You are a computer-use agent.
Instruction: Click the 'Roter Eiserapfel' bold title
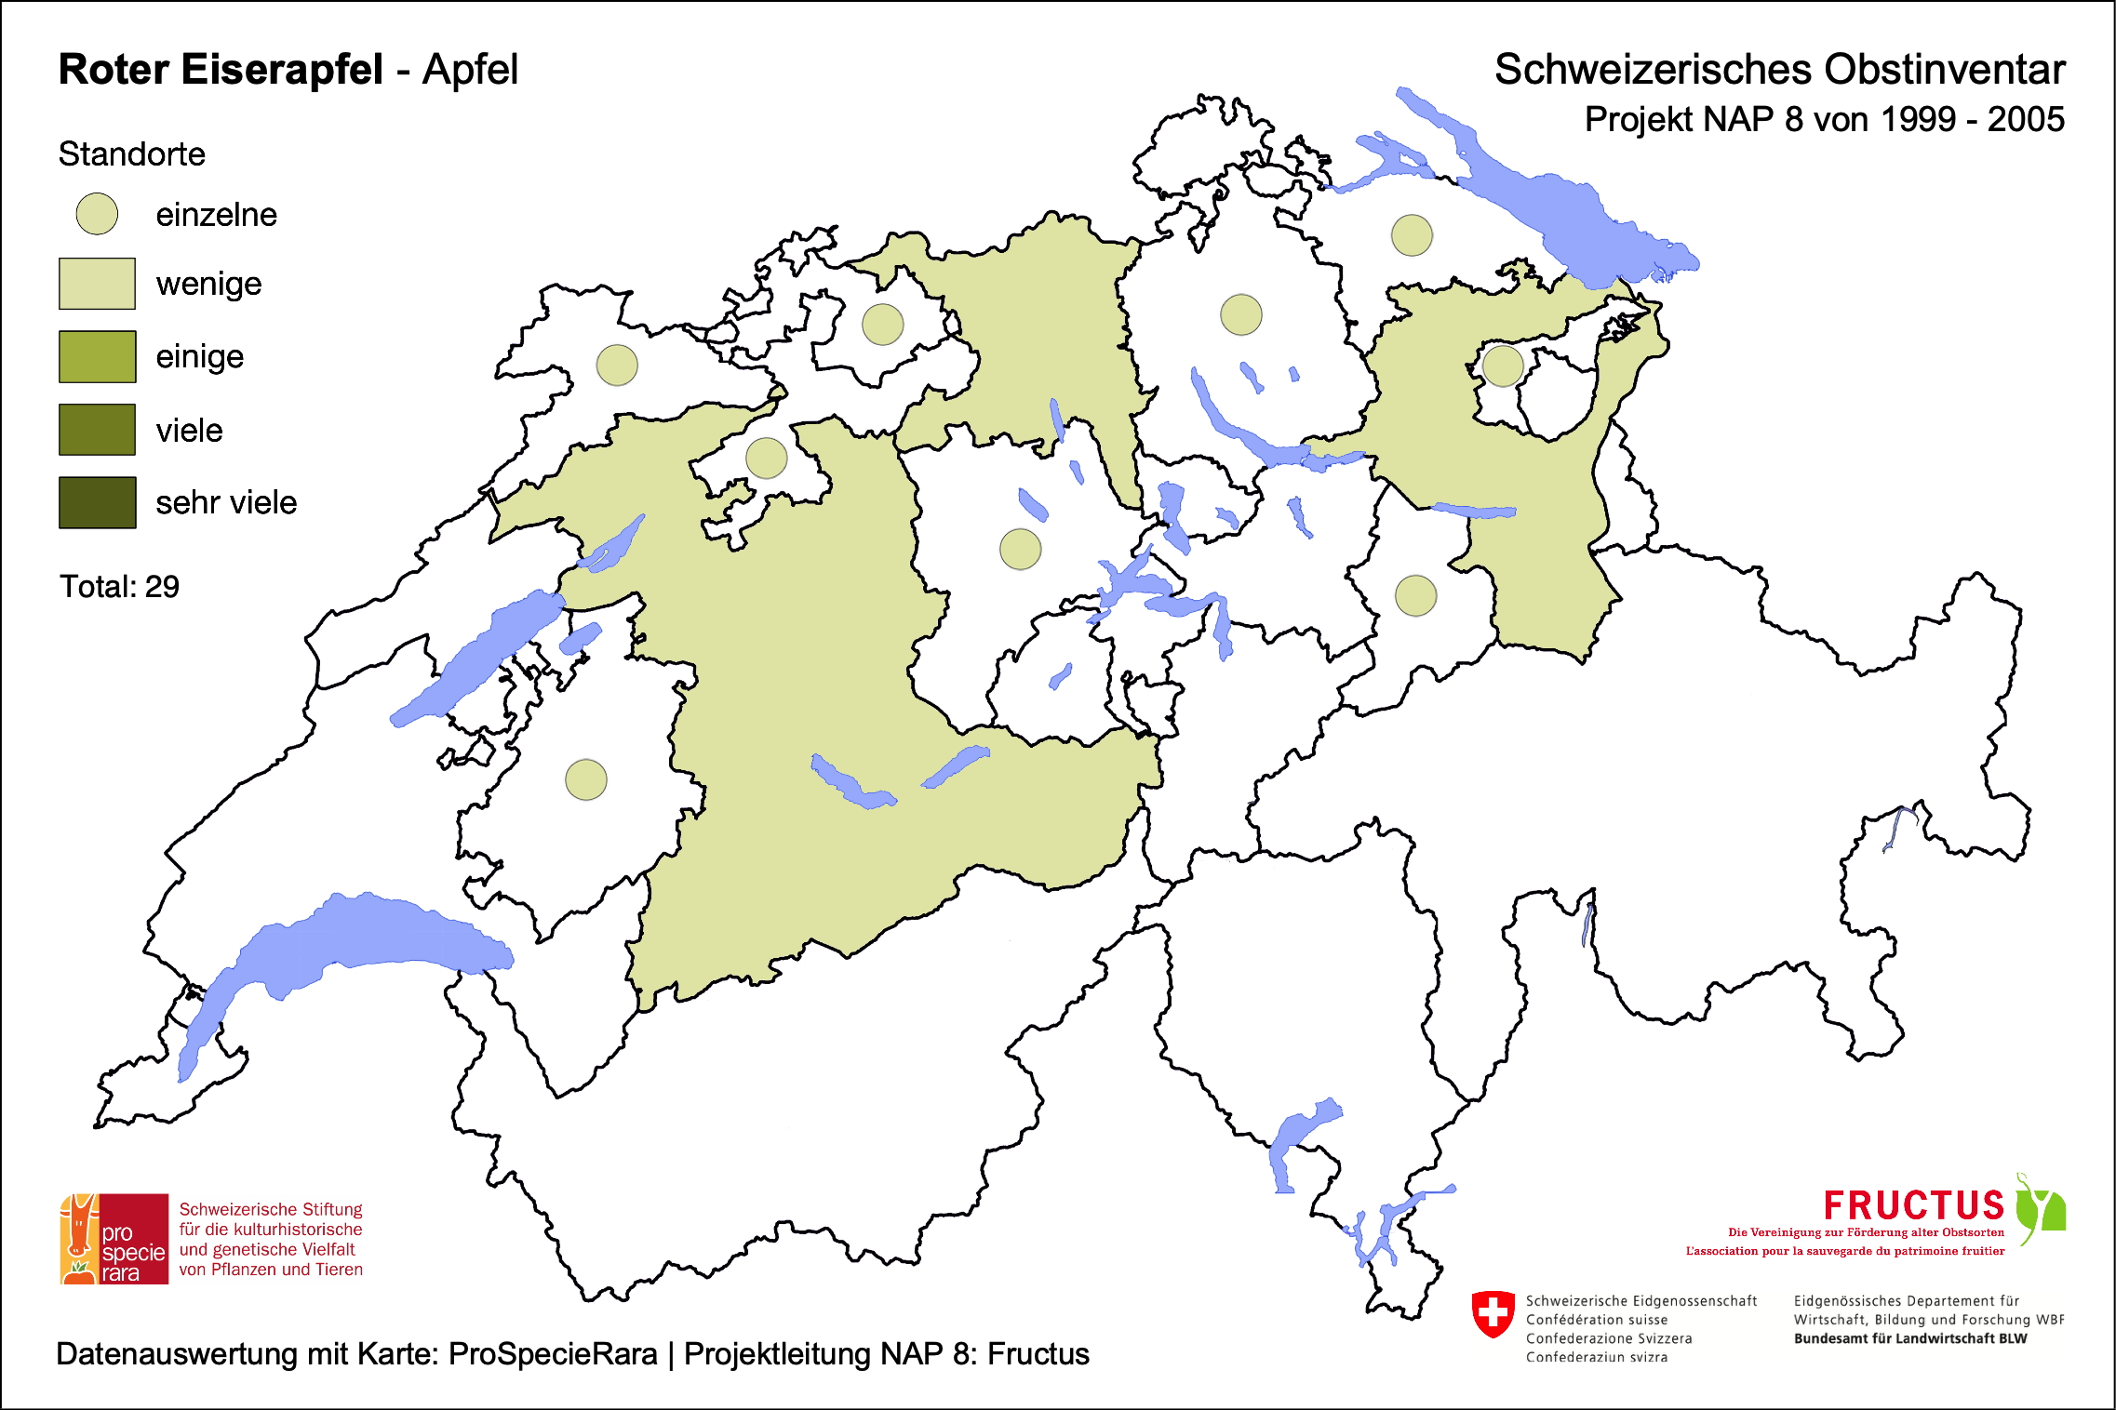pos(221,70)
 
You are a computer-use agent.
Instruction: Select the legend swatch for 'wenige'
pos(97,284)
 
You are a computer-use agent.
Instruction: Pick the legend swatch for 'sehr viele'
pos(97,503)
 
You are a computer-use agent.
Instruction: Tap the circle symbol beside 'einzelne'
pos(97,214)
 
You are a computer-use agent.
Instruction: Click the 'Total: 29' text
pos(119,587)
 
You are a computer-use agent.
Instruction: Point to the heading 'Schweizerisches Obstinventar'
pos(1779,70)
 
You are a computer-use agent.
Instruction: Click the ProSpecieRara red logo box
pos(114,1239)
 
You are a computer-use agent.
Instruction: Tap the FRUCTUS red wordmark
pos(1913,1205)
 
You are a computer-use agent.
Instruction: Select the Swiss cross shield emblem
pos(1493,1313)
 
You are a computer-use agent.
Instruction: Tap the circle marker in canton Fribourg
pos(586,779)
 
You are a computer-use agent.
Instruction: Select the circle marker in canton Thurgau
pos(1412,234)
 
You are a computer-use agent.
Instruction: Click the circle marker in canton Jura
pos(617,365)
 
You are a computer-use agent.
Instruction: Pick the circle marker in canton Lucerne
pos(1020,549)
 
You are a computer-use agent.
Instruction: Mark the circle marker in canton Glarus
pos(1415,595)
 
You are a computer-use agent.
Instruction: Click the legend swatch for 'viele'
pos(97,430)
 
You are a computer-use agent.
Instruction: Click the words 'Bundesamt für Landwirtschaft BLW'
pos(1909,1338)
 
